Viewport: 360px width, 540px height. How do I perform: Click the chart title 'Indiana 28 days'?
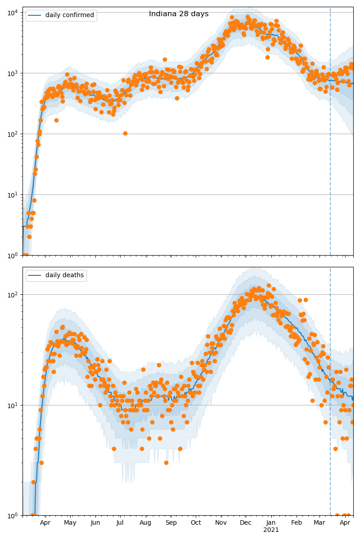coord(179,14)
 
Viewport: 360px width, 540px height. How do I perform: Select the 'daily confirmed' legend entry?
coord(70,15)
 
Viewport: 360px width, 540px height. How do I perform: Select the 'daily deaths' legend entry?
coord(64,275)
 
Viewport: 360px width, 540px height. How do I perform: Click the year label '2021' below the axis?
coord(271,530)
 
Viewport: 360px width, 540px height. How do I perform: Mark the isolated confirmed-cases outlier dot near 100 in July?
coord(125,133)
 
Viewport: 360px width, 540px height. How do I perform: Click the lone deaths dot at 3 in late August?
coord(166,463)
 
